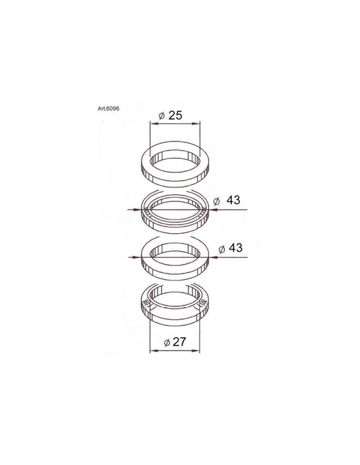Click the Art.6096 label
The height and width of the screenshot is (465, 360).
[x=108, y=109]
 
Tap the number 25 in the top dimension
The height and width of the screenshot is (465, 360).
[x=175, y=115]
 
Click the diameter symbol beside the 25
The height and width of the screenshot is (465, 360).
[x=162, y=116]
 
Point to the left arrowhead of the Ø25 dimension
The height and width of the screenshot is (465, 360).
[x=154, y=124]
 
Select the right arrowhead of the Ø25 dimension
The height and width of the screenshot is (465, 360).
[x=195, y=124]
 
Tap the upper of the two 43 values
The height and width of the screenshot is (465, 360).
[x=233, y=200]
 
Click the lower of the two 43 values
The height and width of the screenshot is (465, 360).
[x=236, y=248]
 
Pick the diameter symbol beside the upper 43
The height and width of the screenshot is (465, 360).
[x=217, y=201]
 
